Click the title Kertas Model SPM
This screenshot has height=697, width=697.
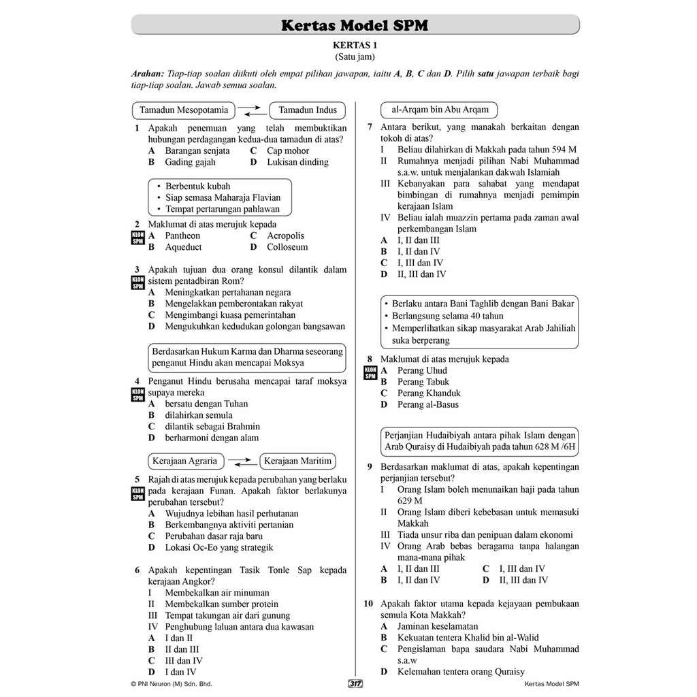click(x=355, y=26)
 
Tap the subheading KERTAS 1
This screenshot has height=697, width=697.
click(x=354, y=46)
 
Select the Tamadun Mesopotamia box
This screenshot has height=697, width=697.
click(x=184, y=110)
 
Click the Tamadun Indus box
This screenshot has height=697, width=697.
click(x=308, y=110)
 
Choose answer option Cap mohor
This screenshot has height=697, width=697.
click(x=288, y=151)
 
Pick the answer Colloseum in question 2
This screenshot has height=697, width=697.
click(x=287, y=247)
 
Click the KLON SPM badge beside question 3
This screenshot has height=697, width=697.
click(x=137, y=281)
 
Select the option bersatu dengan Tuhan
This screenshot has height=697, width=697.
click(x=206, y=404)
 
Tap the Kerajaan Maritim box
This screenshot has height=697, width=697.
click(x=297, y=461)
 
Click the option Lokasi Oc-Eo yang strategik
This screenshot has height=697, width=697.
click(x=219, y=547)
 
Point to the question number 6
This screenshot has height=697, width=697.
click(x=137, y=570)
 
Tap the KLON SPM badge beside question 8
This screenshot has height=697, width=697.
click(x=370, y=372)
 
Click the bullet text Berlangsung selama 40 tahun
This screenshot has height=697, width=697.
click(x=448, y=316)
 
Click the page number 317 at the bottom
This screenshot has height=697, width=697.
click(x=355, y=684)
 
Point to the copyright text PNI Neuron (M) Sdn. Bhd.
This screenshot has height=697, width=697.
click(x=172, y=684)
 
